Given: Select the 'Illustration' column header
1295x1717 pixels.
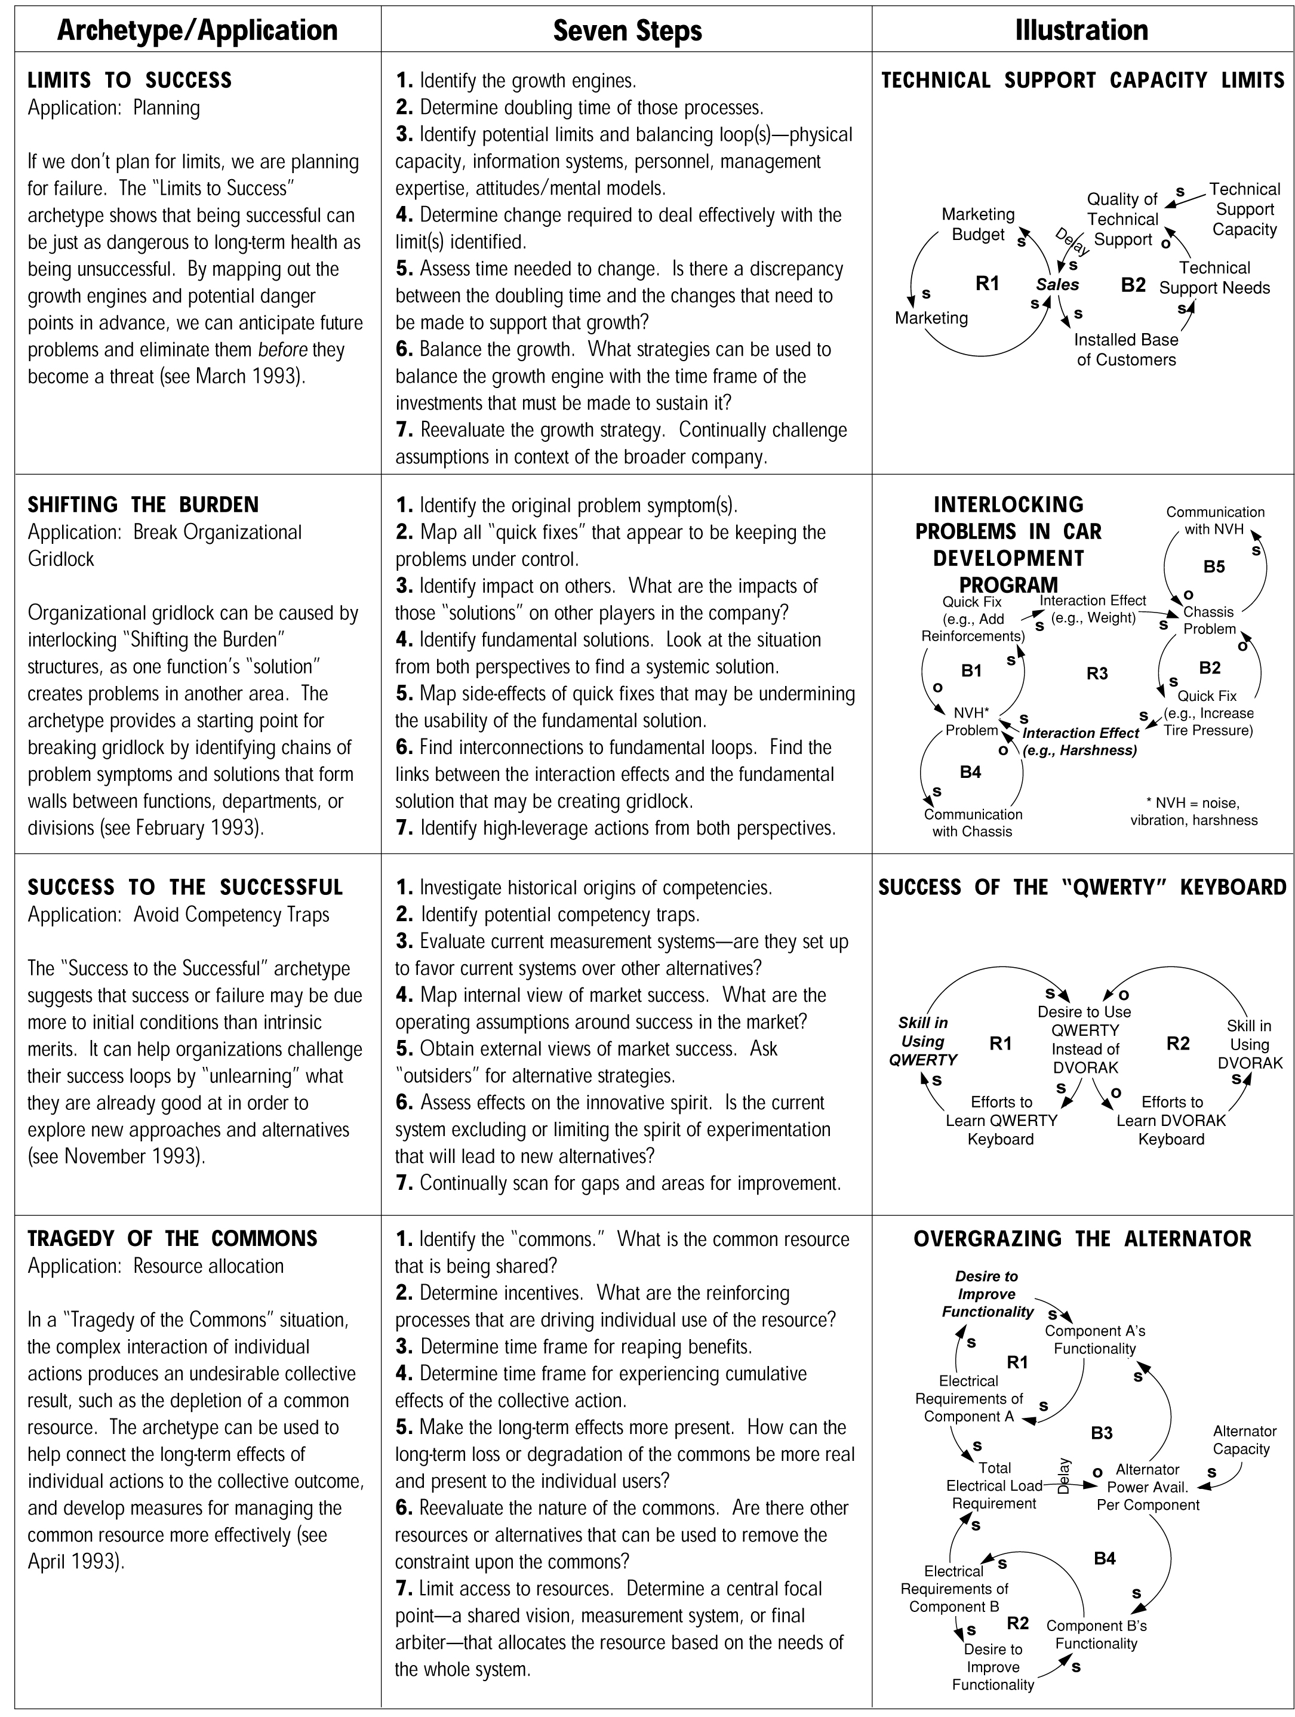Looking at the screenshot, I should pyautogui.click(x=1081, y=31).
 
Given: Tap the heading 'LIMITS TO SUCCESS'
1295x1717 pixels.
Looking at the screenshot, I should pyautogui.click(x=130, y=81).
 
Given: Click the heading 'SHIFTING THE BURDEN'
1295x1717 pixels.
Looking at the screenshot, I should pyautogui.click(x=143, y=505).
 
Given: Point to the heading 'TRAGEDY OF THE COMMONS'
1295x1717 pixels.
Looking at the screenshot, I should pyautogui.click(x=173, y=1238).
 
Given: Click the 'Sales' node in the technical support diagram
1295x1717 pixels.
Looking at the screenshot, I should pyautogui.click(x=1057, y=285).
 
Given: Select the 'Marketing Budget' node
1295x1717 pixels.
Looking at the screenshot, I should pyautogui.click(x=978, y=224).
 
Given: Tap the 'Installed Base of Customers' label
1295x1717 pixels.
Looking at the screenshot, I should pyautogui.click(x=1126, y=349).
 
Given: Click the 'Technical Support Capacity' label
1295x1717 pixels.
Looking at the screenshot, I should pyautogui.click(x=1244, y=209).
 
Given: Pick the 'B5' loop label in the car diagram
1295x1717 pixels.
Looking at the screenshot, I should pyautogui.click(x=1213, y=567).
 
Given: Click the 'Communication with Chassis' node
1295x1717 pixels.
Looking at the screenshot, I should pyautogui.click(x=973, y=823).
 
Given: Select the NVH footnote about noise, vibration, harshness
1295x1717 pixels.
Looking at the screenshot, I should pyautogui.click(x=1194, y=811).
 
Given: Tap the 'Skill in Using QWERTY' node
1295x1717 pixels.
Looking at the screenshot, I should pyautogui.click(x=923, y=1041).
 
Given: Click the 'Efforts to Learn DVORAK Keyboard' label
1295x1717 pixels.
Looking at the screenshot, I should pyautogui.click(x=1171, y=1120).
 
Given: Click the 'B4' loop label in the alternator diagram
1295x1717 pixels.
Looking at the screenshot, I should pyautogui.click(x=1104, y=1558).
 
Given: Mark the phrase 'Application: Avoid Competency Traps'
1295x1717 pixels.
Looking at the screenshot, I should pyautogui.click(x=178, y=915).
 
